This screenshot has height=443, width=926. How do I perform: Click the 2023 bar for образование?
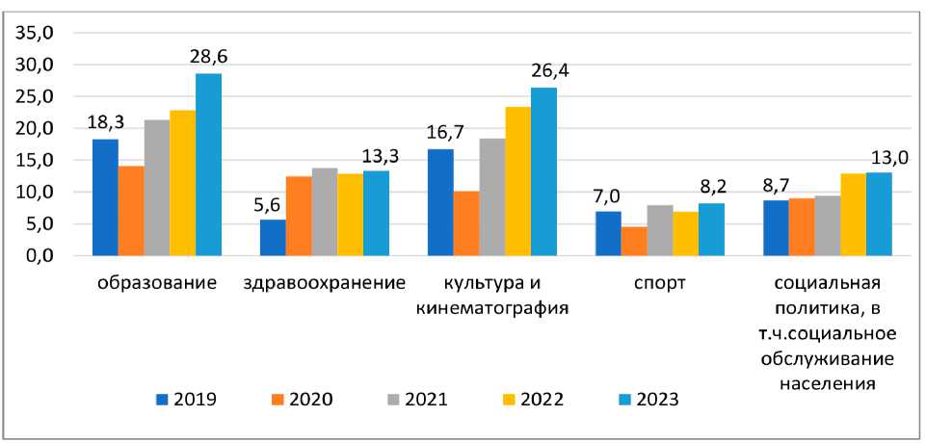208,165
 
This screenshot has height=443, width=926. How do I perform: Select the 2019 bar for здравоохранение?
274,238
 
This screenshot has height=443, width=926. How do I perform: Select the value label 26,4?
543,71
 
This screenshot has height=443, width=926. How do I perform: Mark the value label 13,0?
879,157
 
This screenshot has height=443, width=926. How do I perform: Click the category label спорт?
660,284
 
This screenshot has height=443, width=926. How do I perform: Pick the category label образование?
157,284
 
